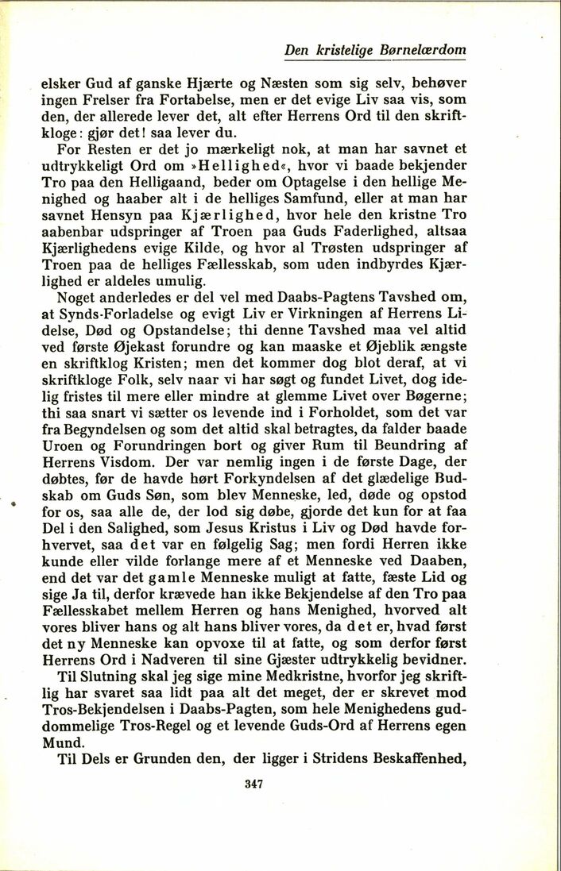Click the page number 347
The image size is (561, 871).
254,784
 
